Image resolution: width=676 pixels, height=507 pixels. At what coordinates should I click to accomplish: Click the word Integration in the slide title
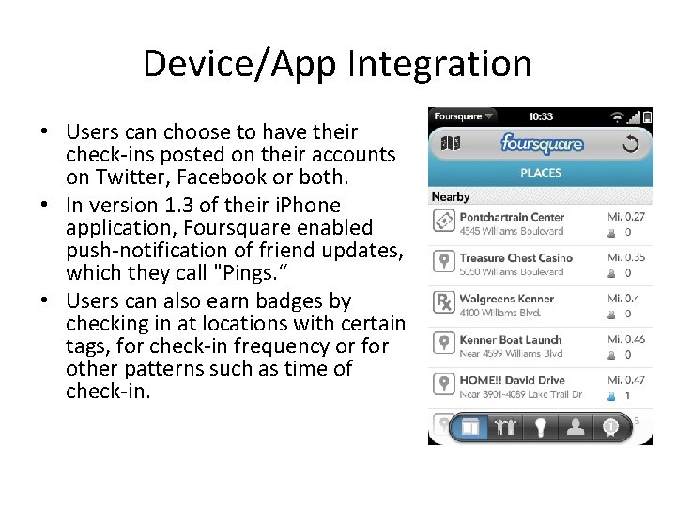[439, 64]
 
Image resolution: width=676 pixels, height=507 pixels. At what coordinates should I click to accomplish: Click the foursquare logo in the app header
[542, 144]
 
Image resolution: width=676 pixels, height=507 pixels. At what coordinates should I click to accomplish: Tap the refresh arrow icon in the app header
[630, 144]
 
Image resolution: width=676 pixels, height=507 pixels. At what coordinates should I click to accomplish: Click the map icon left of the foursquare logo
[451, 144]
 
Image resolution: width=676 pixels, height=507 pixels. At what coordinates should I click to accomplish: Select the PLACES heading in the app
[541, 173]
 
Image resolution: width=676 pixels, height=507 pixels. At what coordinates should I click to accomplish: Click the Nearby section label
[451, 197]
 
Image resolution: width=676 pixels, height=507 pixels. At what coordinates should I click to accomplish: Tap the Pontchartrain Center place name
[512, 217]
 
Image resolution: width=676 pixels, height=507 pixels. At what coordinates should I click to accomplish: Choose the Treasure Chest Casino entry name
[515, 258]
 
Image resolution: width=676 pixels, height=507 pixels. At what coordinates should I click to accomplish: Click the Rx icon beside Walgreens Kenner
[443, 302]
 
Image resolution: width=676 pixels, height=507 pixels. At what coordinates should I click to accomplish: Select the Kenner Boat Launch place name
[511, 340]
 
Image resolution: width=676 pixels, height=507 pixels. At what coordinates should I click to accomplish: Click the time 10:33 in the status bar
[540, 116]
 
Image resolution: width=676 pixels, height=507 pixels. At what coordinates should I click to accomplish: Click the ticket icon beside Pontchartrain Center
[443, 221]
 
